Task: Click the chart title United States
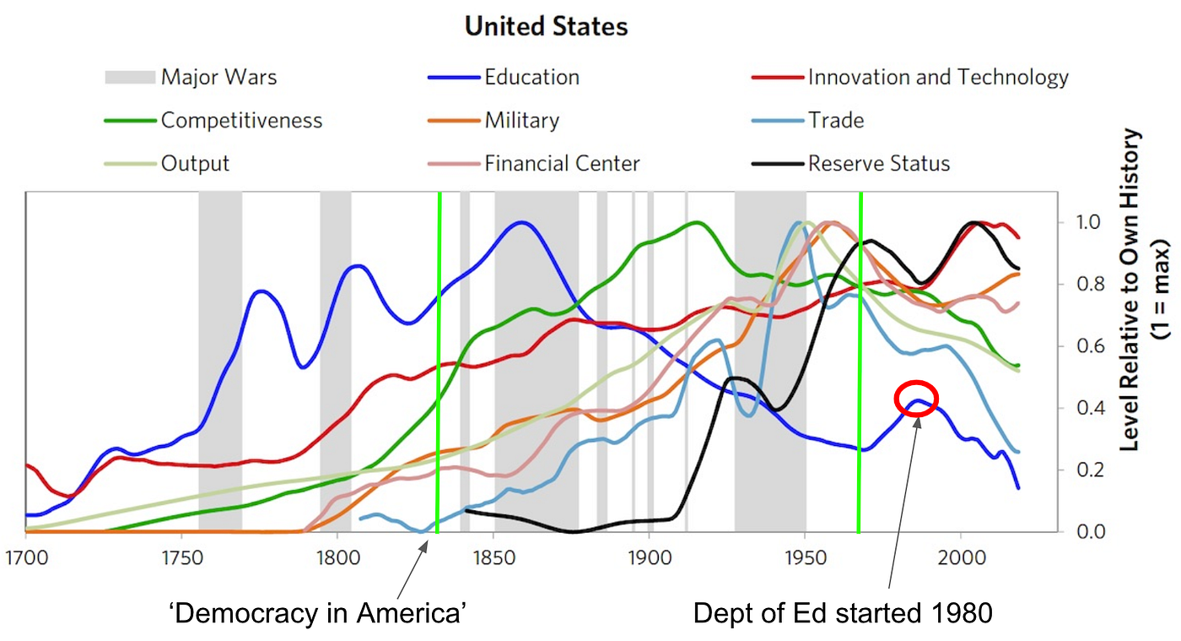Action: [546, 26]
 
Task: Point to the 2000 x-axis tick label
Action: [962, 560]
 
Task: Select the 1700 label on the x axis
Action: [25, 560]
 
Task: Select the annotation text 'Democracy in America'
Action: [317, 613]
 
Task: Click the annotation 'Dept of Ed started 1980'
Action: [843, 613]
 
